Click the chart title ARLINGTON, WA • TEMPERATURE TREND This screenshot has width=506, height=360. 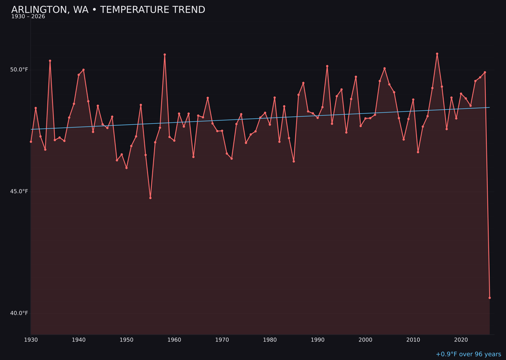108,10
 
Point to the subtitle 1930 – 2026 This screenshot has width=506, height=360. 28,17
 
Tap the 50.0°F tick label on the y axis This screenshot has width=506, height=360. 19,70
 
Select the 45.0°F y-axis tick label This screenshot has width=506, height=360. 19,191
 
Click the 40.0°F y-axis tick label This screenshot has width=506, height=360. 19,313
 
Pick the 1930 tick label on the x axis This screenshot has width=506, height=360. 31,340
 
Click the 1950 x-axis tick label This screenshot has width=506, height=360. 126,340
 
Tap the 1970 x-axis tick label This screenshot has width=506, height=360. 222,340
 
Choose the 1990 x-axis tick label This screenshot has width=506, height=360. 318,340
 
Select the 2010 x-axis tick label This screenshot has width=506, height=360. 413,340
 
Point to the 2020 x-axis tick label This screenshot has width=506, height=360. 461,340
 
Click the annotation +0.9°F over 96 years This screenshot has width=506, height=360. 468,354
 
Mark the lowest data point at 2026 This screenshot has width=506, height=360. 490,298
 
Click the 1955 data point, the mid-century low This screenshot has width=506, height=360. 150,198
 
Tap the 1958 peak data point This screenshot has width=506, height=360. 165,55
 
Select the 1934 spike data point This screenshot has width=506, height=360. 50,61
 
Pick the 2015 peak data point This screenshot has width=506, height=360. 437,54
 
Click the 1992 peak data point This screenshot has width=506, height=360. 327,66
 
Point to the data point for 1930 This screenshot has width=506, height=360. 31,142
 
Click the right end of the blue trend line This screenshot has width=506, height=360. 489,107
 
